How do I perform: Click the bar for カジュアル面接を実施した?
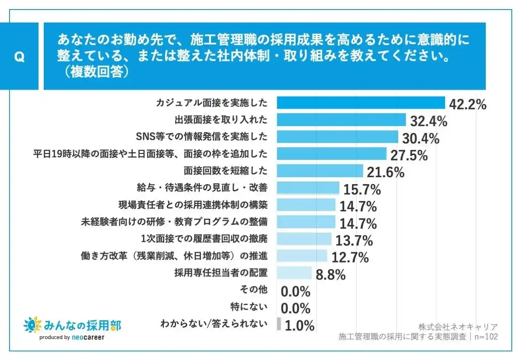click(x=361, y=103)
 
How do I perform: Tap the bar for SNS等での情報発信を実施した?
click(x=337, y=137)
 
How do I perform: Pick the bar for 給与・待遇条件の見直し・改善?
click(x=308, y=188)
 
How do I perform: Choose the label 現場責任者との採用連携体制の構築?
click(x=193, y=204)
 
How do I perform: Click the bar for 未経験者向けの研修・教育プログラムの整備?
click(x=306, y=222)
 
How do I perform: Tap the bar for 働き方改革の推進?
click(x=302, y=256)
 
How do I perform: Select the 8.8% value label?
click(x=331, y=274)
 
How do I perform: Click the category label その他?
click(x=253, y=289)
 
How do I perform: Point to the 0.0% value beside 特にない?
click(x=296, y=308)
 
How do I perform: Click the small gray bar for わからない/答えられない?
click(x=279, y=324)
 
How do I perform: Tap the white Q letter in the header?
click(x=19, y=58)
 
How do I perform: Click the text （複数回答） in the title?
click(x=93, y=71)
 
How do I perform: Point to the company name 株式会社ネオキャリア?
click(x=458, y=327)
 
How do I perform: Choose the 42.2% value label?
click(x=468, y=104)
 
